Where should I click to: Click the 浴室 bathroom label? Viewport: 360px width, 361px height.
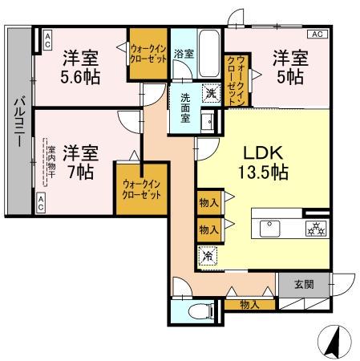pyautogui.click(x=184, y=54)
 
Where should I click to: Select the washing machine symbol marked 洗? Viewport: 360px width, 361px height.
pyautogui.click(x=210, y=92)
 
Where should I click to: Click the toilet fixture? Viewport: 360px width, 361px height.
pyautogui.click(x=195, y=311)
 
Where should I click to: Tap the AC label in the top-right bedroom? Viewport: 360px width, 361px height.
pyautogui.click(x=317, y=34)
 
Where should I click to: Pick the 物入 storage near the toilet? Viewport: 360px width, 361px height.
pyautogui.click(x=249, y=304)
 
